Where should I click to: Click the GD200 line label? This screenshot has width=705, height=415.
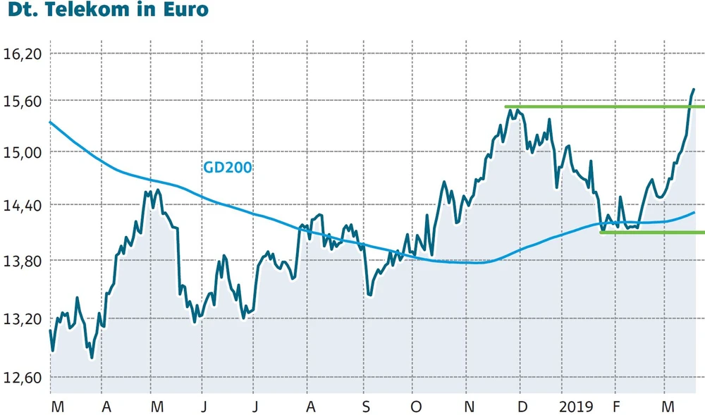(227, 168)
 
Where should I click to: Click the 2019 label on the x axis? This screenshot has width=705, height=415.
(575, 407)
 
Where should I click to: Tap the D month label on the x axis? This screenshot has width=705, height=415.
(522, 407)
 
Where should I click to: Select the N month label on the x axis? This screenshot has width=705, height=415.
(469, 407)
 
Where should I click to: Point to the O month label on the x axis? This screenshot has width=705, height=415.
(416, 407)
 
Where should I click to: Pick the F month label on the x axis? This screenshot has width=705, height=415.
(615, 407)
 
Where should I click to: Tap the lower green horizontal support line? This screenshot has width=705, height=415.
(652, 232)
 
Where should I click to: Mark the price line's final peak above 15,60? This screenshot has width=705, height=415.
(694, 89)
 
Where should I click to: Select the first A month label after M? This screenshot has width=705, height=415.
(106, 407)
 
